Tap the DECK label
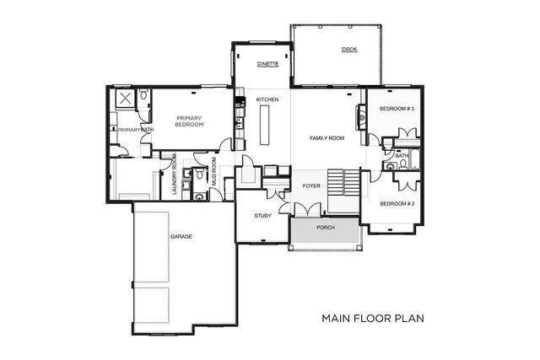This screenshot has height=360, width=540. coord(348,50)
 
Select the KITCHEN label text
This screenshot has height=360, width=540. coord(267,99)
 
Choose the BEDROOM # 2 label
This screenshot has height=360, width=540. coord(396,204)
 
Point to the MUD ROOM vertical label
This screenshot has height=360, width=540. coord(214,172)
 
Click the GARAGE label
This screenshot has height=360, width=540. coord(181,237)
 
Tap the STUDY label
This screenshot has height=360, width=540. coord(262,216)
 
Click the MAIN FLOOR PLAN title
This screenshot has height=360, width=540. coord(372,320)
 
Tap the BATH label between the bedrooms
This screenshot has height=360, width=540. coord(402,155)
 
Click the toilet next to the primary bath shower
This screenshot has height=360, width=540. coord(144,99)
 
